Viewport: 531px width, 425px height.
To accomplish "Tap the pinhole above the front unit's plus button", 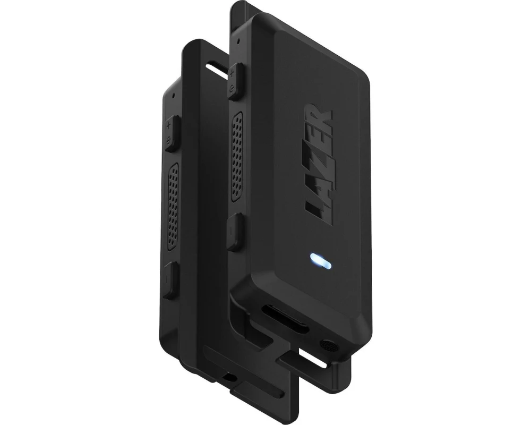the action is (239, 41).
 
